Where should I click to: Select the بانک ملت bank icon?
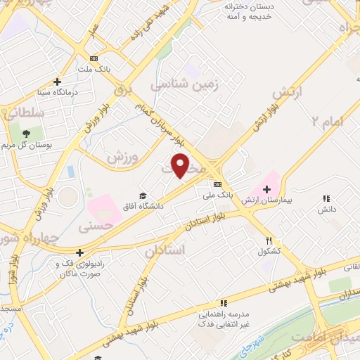tap(94, 58)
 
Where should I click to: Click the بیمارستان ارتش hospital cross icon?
tap(266, 188)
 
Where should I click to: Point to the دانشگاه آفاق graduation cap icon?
tap(143, 195)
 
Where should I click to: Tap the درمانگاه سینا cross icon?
tap(58, 82)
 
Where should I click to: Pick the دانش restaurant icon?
tap(326, 199)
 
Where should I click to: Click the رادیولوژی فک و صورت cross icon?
tap(80, 252)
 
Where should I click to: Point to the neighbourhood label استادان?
tap(165, 250)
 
